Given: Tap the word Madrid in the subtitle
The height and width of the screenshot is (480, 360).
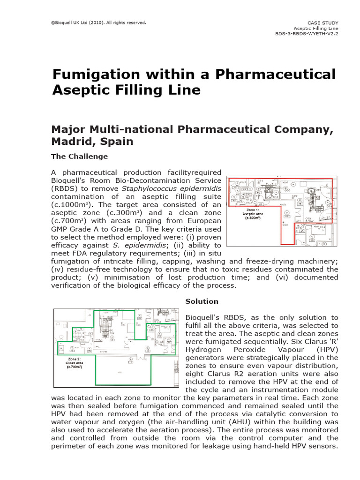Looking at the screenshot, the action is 69,141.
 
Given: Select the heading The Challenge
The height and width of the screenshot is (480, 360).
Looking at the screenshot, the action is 79,157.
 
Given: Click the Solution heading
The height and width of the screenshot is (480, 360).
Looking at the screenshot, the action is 202,301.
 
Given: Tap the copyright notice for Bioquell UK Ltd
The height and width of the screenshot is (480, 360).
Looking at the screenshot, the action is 98,22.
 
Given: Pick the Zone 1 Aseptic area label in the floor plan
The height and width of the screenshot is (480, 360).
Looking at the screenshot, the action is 253,213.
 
